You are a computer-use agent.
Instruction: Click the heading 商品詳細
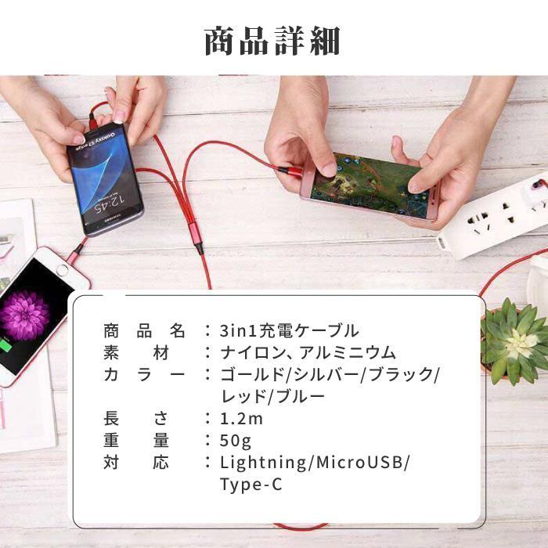coord(272,41)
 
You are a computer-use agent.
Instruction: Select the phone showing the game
coord(368,186)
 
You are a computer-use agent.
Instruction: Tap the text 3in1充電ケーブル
coord(290,330)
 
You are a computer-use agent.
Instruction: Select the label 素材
coord(135,352)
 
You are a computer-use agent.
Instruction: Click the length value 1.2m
coord(242,418)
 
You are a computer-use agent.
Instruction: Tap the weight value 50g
coord(236,441)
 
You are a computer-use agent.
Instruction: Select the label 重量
coord(135,441)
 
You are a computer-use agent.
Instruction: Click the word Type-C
coord(251,485)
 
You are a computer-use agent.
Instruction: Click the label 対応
coord(135,463)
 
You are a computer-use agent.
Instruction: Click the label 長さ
coord(135,418)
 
